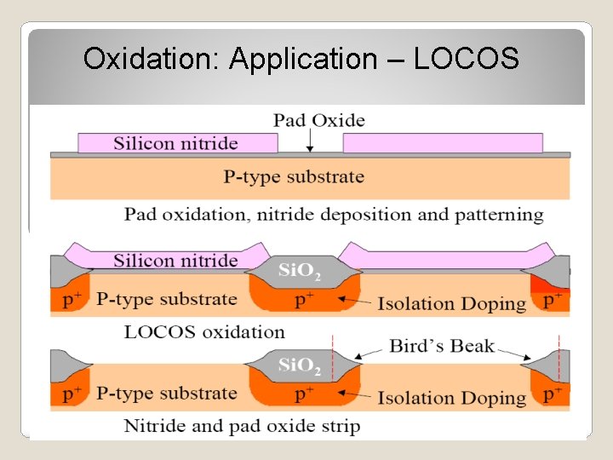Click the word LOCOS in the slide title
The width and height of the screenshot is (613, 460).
[x=466, y=59]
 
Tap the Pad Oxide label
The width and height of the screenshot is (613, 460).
[x=318, y=120]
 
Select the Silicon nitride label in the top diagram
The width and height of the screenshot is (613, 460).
[x=175, y=143]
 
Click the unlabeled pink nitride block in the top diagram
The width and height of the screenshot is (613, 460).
[x=443, y=143]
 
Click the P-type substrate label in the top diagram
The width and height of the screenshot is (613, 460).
[x=294, y=177]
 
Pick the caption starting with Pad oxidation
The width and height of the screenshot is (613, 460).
[x=334, y=214]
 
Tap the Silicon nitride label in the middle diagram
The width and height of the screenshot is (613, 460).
[x=175, y=261]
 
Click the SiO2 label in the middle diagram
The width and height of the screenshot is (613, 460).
[x=300, y=272]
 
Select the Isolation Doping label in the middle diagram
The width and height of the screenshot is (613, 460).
[x=451, y=303]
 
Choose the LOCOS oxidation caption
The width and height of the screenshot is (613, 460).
[x=204, y=331]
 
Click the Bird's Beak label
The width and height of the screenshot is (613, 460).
[x=441, y=346]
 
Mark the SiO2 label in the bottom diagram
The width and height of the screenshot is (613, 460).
[x=300, y=366]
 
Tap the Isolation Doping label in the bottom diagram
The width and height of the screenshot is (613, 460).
[x=451, y=397]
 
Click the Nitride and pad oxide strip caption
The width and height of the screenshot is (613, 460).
[x=242, y=426]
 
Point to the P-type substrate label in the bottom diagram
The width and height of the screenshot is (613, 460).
[x=166, y=394]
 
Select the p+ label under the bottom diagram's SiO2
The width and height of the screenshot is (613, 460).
[x=304, y=395]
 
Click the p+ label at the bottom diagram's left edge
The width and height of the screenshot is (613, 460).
[x=72, y=394]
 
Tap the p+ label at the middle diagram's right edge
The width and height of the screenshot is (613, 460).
[x=553, y=300]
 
